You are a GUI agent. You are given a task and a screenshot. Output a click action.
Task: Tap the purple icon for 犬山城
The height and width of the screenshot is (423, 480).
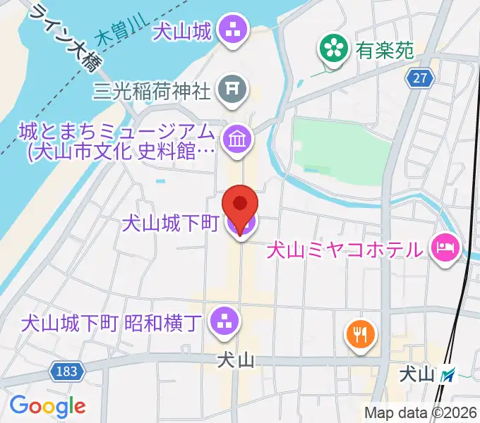(x=232, y=30)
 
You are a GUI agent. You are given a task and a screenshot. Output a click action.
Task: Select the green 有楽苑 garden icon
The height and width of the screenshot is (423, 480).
(x=330, y=49)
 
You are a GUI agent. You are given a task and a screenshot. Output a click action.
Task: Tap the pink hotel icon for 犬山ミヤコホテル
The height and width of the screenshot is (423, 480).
(x=448, y=248)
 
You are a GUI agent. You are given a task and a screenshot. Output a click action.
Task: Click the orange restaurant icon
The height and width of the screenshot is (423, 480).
(x=361, y=333)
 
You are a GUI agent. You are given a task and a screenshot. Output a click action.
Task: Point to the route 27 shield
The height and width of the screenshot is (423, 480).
(x=421, y=79)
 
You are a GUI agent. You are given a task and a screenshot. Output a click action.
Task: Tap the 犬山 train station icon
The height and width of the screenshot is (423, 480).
(x=447, y=377)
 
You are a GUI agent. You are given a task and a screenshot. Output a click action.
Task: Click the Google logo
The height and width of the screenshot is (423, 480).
(x=47, y=405)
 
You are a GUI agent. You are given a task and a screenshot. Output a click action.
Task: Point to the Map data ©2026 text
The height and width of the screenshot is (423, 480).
(x=419, y=412)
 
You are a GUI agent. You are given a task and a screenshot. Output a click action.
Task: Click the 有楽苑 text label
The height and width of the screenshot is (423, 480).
(x=384, y=49)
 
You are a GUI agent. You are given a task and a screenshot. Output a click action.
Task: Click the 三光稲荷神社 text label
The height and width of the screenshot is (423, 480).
(x=152, y=90)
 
